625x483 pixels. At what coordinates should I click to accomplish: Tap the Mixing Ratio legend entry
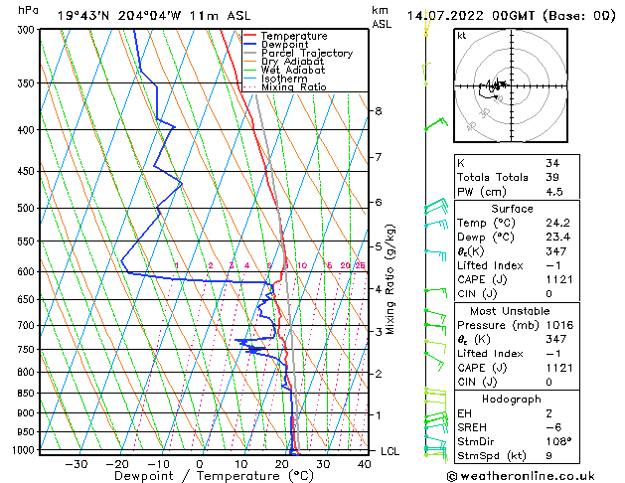[x=293, y=87]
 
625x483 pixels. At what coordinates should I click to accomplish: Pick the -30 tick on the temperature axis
[x=77, y=464]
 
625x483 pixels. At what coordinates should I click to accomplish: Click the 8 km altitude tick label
[x=379, y=111]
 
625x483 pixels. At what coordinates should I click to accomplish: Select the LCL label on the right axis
[x=391, y=451]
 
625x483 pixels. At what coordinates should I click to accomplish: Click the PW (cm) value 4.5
[x=552, y=193]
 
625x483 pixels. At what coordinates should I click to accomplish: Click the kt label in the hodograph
[x=462, y=36]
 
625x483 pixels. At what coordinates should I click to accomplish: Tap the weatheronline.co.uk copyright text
[x=532, y=475]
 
